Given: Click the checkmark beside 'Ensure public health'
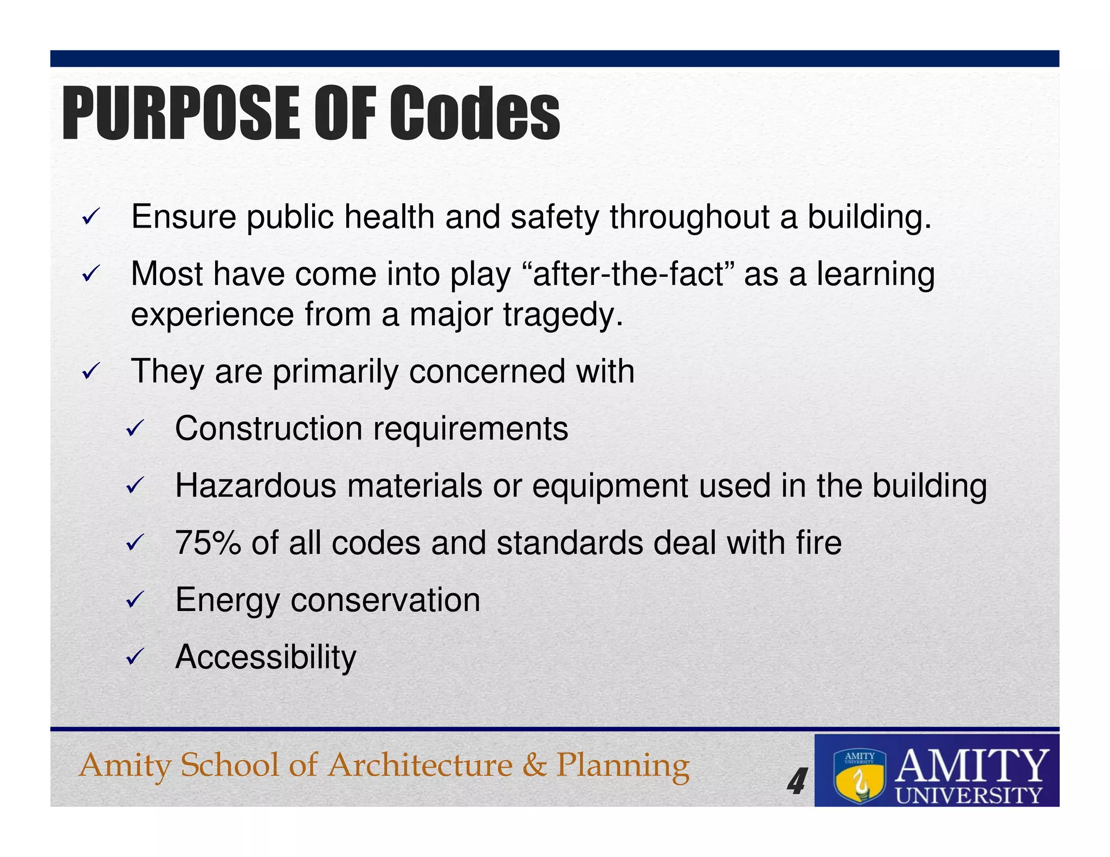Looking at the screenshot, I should coord(89,218).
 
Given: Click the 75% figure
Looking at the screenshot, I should coord(208,543).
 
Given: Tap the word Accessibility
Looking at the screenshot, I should coord(266,657).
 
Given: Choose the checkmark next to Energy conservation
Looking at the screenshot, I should coord(133,600).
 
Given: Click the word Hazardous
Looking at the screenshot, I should coord(255,485).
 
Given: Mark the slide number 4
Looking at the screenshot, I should coord(796,782).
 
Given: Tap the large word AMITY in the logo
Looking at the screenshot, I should coord(971,765).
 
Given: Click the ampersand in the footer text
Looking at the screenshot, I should coord(534,765).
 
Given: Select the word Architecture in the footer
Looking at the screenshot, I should coord(421,765).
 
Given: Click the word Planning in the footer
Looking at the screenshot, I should coord(623,766).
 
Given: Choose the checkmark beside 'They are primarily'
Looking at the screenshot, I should coord(89,372).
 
